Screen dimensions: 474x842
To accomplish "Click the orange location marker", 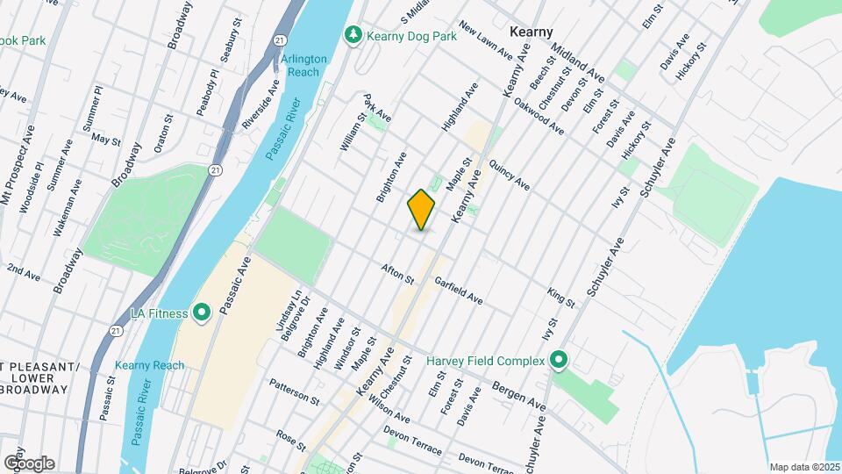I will (422, 209).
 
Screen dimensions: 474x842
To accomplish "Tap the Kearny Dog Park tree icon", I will (353, 34).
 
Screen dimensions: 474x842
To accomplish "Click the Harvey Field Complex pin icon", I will (559, 360).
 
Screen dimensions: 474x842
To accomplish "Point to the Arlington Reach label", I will (304, 66).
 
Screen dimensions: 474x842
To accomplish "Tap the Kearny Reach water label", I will (149, 365).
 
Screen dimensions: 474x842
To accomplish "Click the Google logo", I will (29, 463).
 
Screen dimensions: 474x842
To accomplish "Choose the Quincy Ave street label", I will (510, 174).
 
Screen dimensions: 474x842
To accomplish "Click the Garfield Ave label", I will (459, 291).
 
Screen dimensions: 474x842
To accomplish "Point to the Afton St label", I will (396, 274).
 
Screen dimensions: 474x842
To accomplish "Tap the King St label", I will (560, 297).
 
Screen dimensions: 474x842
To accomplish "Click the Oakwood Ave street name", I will (539, 118).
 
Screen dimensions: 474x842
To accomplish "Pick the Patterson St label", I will (295, 391).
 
